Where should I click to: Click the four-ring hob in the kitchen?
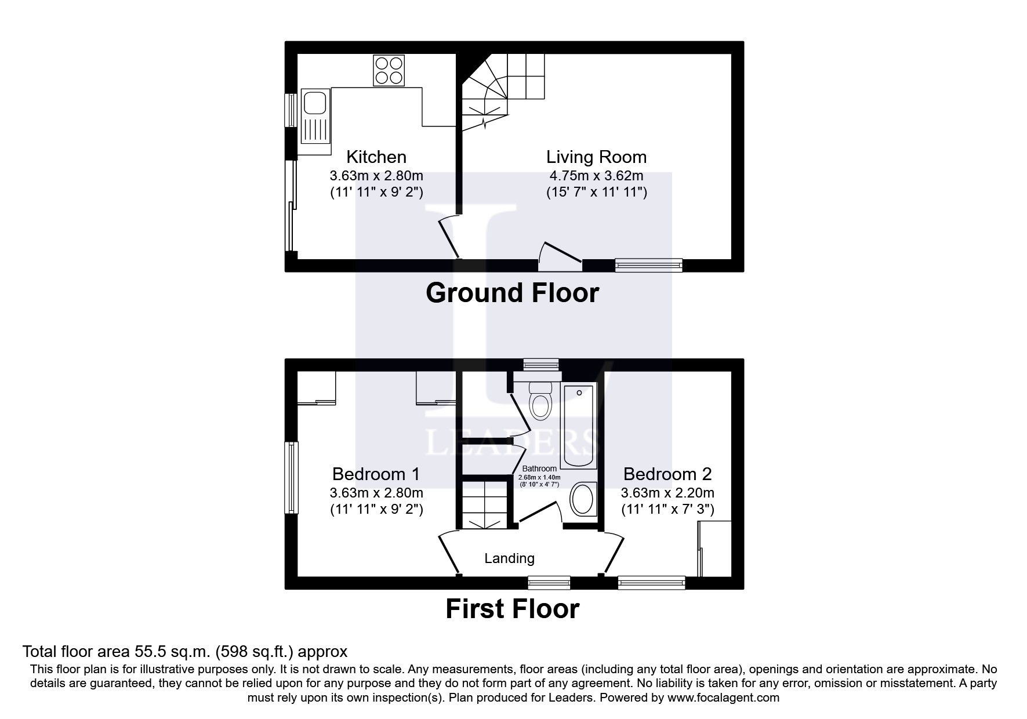(389, 70)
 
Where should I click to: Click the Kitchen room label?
(376, 157)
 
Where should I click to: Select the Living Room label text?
(596, 157)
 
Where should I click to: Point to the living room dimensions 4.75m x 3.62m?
(596, 176)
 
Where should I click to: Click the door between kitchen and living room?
(450, 237)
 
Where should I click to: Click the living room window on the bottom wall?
(649, 266)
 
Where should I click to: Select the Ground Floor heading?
(512, 293)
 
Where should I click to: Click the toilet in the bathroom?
(540, 402)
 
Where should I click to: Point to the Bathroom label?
(539, 469)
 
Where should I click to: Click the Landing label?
(509, 558)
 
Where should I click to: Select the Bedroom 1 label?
(376, 474)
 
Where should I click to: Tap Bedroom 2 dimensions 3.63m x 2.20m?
(667, 493)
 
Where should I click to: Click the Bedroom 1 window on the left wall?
(291, 478)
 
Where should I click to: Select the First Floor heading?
(512, 609)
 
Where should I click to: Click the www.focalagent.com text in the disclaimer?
(723, 698)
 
